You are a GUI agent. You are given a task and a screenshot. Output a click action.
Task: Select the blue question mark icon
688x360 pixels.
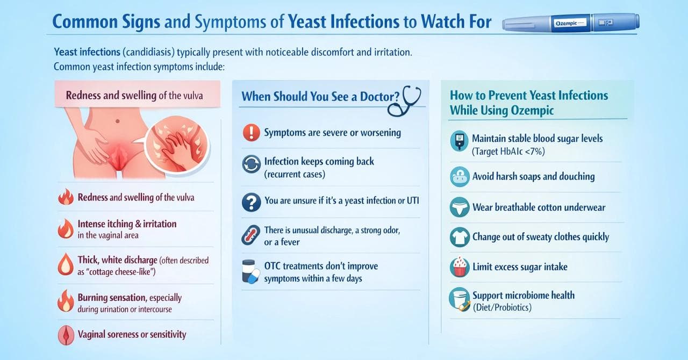point(251,202)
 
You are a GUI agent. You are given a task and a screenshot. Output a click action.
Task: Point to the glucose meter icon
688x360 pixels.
point(459,141)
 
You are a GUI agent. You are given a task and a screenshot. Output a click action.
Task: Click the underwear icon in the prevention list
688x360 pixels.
point(460,208)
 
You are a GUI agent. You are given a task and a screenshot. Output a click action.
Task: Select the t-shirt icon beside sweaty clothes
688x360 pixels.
point(460,237)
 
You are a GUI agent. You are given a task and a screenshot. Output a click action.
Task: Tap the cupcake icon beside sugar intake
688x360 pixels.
point(460,267)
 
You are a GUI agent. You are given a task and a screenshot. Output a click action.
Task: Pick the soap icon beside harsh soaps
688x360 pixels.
point(460,177)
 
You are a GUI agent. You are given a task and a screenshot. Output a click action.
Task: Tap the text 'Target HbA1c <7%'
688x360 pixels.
point(508,152)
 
